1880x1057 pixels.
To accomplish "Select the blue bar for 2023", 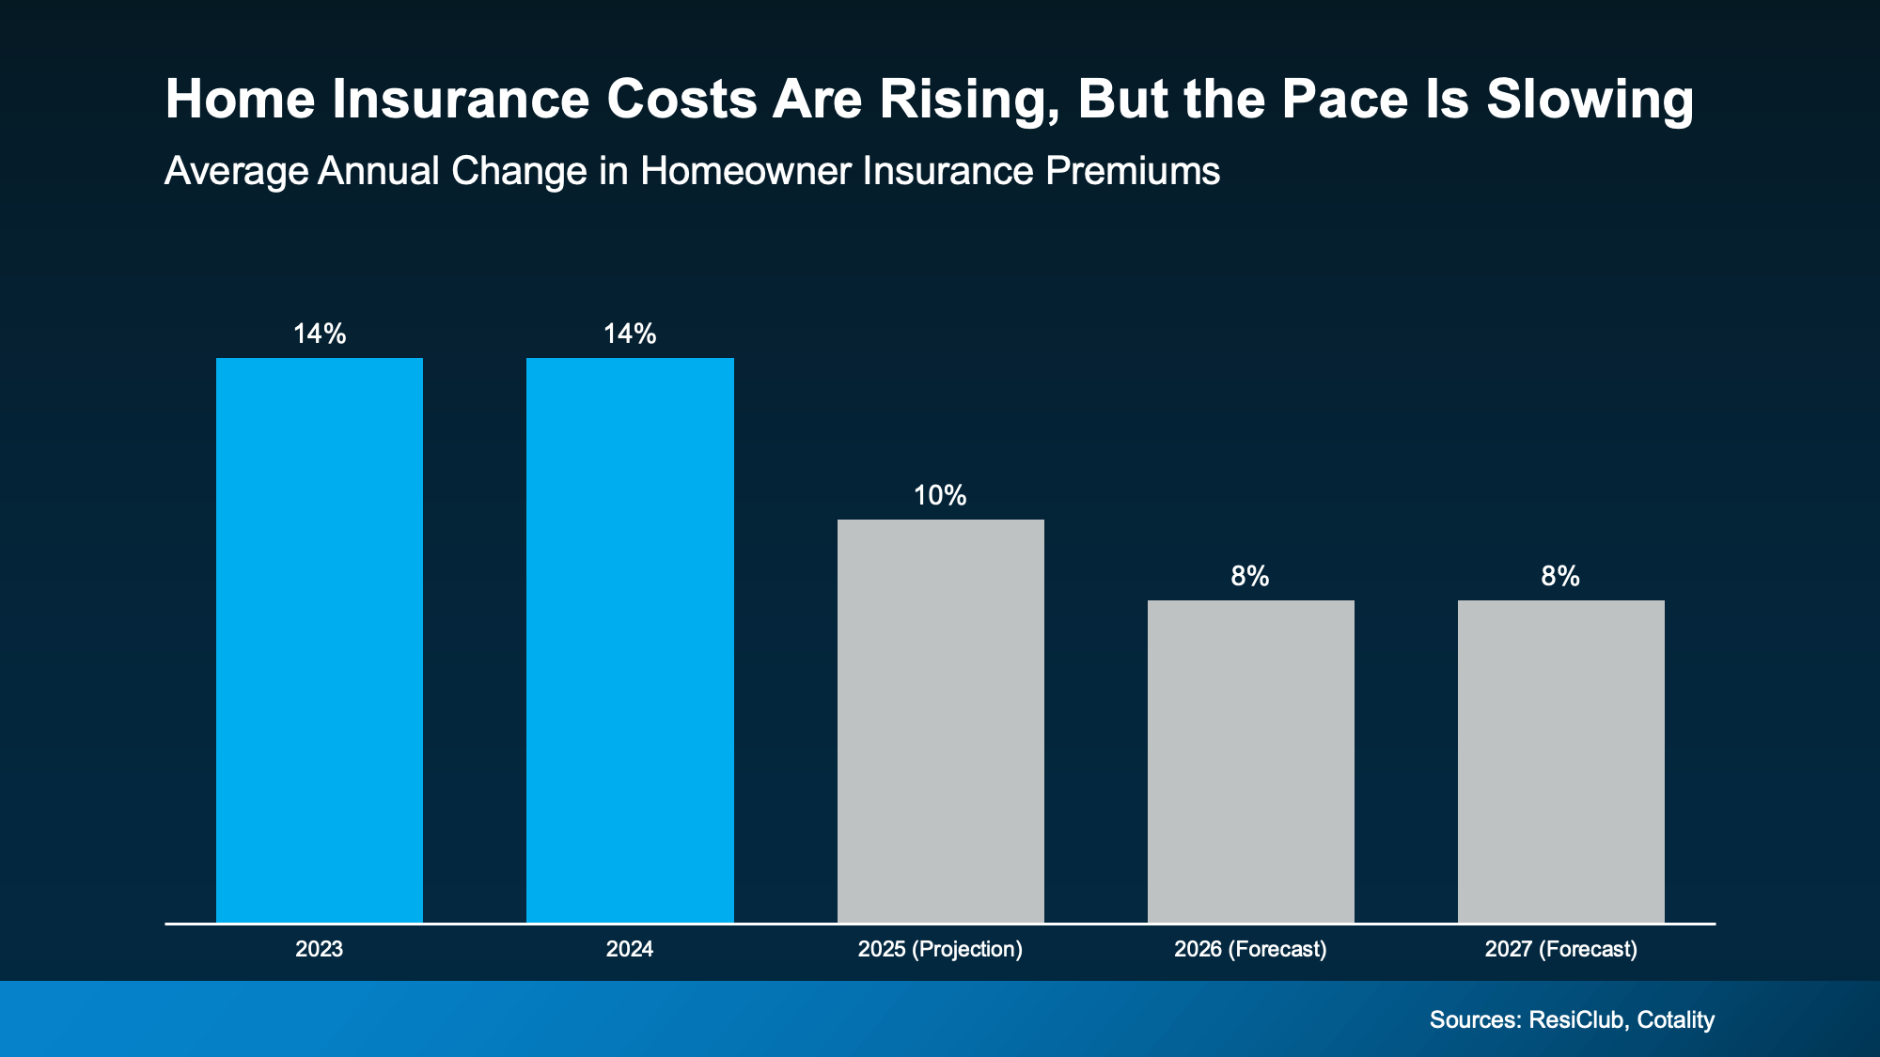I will [320, 639].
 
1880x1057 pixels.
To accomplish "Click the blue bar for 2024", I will [630, 639].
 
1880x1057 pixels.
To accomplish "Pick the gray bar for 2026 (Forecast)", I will [1250, 761].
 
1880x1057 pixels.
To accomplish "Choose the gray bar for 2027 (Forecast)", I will [1560, 761].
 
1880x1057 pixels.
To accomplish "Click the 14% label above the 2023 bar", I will [320, 334].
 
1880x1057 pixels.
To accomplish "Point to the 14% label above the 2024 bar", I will [630, 334].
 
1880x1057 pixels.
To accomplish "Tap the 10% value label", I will [940, 495].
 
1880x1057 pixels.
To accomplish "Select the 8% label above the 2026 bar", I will [1250, 576].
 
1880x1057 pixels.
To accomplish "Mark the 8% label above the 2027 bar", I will [1560, 576].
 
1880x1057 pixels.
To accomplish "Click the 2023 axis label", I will [320, 949].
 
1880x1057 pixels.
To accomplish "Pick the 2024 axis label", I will [630, 949].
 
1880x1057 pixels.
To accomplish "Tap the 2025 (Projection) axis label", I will [940, 949].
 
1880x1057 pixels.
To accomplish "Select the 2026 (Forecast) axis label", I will [1250, 949].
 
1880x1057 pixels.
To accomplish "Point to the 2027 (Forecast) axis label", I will [1560, 949].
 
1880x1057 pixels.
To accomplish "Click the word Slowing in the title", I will [1590, 100].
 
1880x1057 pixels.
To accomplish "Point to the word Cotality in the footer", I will [1675, 1019].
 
